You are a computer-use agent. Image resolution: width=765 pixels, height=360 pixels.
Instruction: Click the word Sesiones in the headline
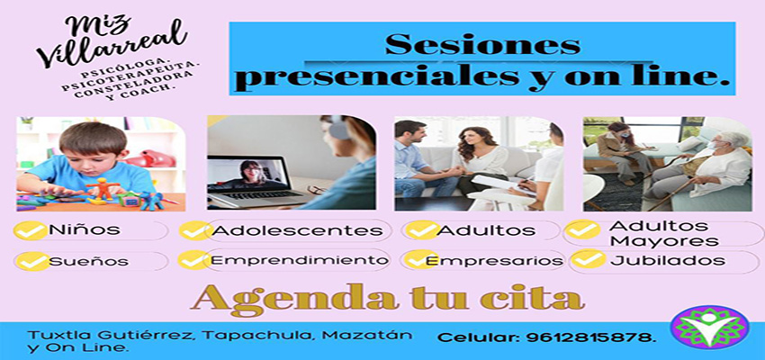tap(482, 44)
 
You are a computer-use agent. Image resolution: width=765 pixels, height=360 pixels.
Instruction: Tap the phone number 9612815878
tap(590, 337)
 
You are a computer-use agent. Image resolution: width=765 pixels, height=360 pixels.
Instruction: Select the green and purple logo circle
tap(709, 327)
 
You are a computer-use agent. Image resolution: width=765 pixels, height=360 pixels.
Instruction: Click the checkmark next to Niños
tap(31, 230)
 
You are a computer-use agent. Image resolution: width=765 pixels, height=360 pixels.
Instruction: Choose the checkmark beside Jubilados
tap(589, 259)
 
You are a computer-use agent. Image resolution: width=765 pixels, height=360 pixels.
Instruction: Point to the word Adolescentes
tap(298, 230)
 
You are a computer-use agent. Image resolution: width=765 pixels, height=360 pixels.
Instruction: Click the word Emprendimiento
tap(300, 260)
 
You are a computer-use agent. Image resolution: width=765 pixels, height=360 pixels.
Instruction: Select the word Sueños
tap(89, 262)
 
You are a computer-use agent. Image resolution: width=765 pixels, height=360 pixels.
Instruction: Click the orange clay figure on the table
tap(103, 188)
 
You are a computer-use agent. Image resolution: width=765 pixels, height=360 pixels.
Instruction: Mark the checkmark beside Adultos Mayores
tap(583, 230)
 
